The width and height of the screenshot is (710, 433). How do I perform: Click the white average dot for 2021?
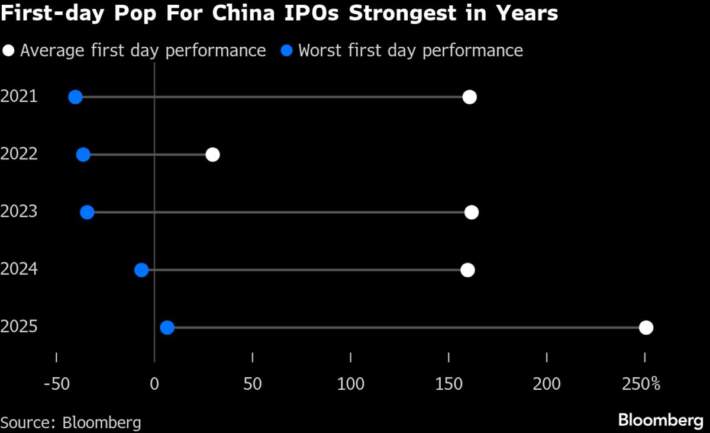pyautogui.click(x=469, y=97)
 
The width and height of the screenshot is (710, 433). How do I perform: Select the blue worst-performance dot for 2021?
pyautogui.click(x=75, y=97)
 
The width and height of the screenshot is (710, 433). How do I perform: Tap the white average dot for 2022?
pyautogui.click(x=212, y=155)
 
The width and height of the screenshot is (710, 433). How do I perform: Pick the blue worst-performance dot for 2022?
pyautogui.click(x=83, y=155)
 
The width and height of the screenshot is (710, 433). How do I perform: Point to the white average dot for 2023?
pyautogui.click(x=472, y=212)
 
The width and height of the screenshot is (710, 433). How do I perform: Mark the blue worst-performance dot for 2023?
pyautogui.click(x=87, y=212)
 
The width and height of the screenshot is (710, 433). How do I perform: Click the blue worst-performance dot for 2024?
pyautogui.click(x=141, y=270)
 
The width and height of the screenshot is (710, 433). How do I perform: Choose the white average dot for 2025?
pyautogui.click(x=646, y=328)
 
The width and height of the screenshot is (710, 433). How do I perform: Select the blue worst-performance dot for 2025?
pyautogui.click(x=167, y=328)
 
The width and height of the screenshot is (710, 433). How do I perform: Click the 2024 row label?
pyautogui.click(x=19, y=270)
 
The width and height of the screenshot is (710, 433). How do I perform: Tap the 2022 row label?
pyautogui.click(x=19, y=154)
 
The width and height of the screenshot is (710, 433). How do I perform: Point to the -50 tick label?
pyautogui.click(x=56, y=384)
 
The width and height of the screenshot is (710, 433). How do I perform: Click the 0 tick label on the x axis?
pyautogui.click(x=154, y=384)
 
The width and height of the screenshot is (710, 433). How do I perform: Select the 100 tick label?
pyautogui.click(x=351, y=384)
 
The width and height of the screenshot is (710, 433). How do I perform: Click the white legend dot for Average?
pyautogui.click(x=8, y=51)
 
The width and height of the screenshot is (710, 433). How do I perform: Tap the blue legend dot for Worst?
pyautogui.click(x=287, y=51)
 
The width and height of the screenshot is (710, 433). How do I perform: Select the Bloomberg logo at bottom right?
pyautogui.click(x=660, y=421)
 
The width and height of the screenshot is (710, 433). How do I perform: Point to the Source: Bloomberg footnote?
pyautogui.click(x=71, y=422)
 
